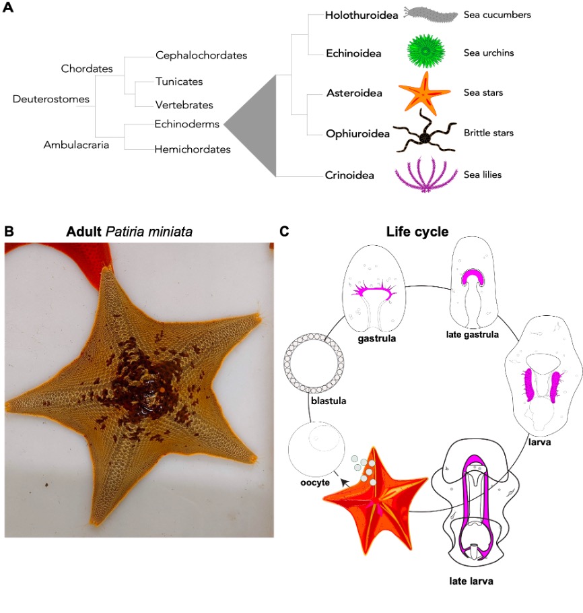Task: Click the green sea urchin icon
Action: [x=425, y=52]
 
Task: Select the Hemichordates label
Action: [x=192, y=149]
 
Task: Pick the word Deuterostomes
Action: [x=51, y=99]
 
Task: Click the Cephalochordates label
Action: [x=201, y=55]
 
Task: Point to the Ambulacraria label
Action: [x=76, y=144]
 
